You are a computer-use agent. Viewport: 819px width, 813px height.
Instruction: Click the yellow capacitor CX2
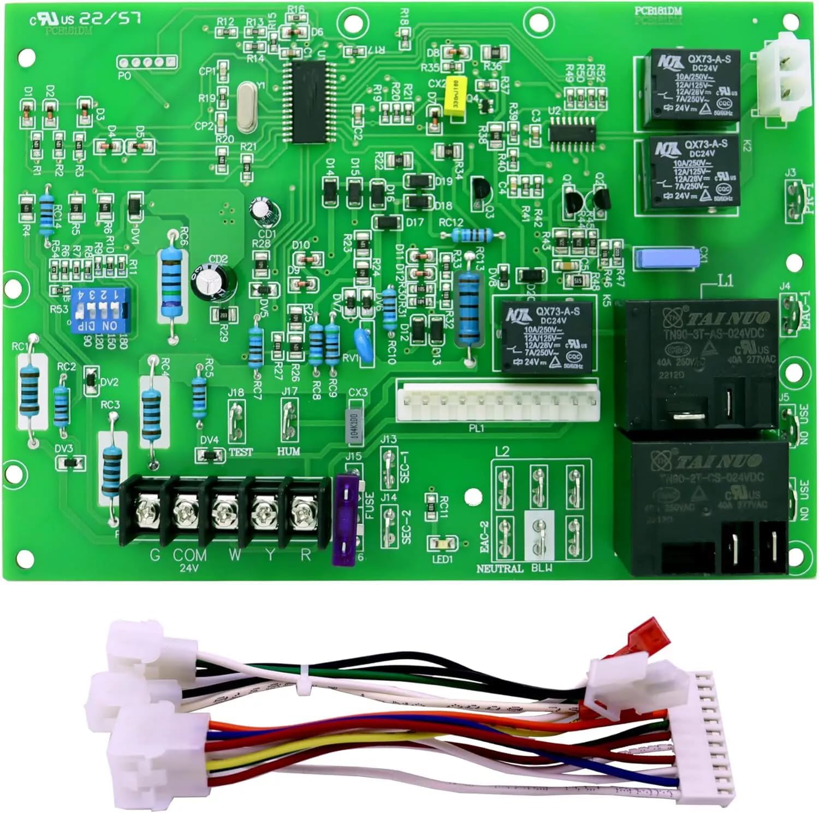(454, 97)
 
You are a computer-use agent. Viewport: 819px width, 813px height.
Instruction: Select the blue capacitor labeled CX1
(666, 258)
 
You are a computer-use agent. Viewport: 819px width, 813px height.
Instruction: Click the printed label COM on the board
(190, 555)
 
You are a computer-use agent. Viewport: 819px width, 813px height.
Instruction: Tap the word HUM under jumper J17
(288, 451)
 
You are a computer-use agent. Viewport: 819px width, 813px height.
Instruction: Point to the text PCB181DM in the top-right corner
(658, 10)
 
